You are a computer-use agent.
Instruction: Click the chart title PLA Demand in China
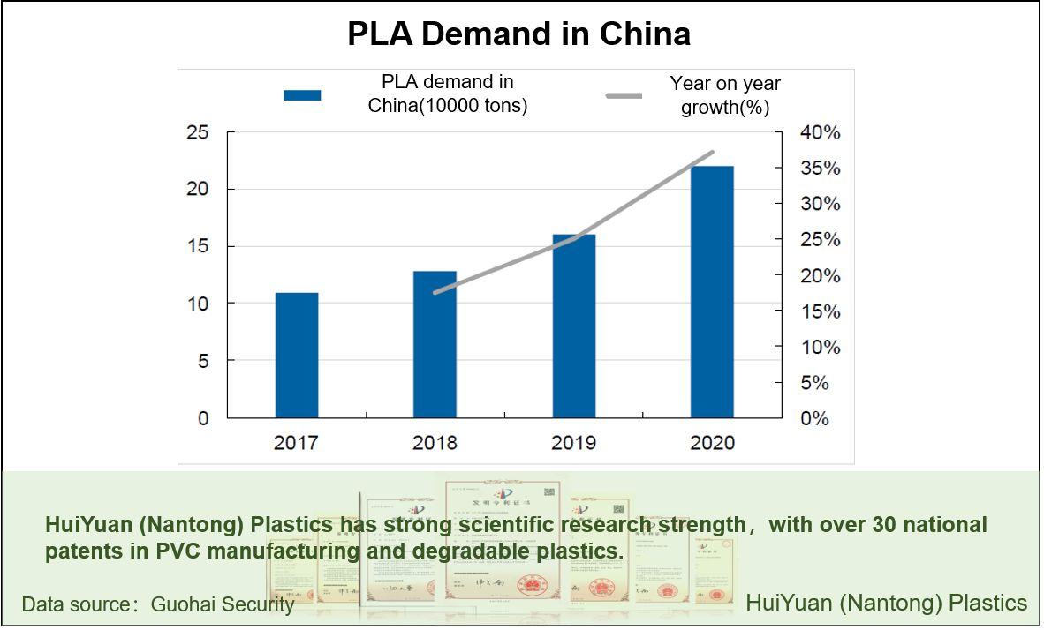coord(518,34)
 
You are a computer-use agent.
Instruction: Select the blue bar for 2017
coord(297,355)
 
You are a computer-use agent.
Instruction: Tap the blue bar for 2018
coord(435,344)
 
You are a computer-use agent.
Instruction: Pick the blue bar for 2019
coord(574,326)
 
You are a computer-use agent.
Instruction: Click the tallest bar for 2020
coord(712,291)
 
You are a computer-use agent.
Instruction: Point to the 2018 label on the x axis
coord(435,442)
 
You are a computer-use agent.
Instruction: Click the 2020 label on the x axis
coord(712,442)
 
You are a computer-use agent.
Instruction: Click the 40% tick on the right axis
coord(821,132)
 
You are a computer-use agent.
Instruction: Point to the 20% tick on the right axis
coord(821,275)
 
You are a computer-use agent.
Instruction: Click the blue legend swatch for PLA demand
coord(302,94)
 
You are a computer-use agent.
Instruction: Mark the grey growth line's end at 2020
coord(712,153)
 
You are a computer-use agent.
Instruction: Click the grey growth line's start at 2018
coord(435,292)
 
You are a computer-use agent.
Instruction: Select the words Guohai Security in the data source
coord(223,604)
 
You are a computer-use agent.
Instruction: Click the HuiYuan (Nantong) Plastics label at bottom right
coord(887,604)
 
